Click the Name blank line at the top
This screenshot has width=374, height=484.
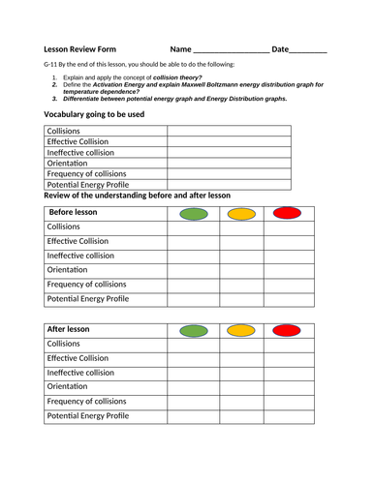231,50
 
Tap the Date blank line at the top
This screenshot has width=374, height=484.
308,50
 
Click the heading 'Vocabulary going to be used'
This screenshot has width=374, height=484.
94,114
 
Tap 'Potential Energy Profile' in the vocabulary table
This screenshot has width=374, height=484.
87,183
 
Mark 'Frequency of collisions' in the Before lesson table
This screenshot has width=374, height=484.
86,285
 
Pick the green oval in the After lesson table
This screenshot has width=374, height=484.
194,331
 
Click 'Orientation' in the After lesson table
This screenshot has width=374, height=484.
67,386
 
